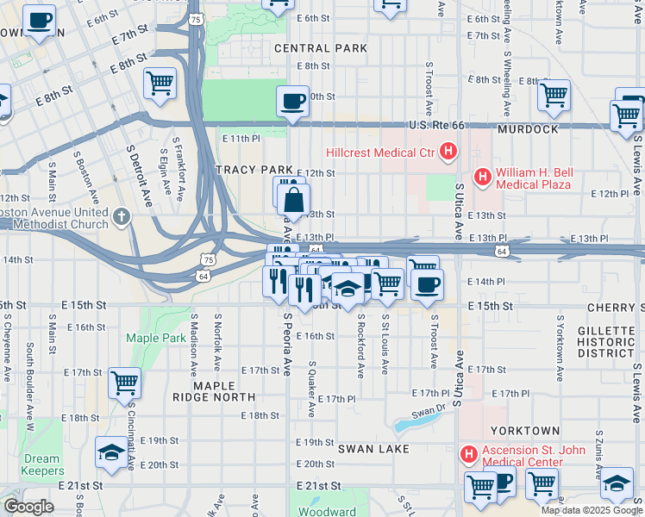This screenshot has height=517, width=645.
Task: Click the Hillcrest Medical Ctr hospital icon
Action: click(448, 153)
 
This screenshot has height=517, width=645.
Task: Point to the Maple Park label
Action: click(156, 338)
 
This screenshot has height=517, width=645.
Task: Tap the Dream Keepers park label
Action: click(42, 465)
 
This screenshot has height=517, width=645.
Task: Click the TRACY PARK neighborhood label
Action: click(254, 170)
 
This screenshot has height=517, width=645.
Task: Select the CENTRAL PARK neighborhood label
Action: click(321, 48)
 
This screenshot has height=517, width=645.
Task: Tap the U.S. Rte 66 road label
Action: click(437, 125)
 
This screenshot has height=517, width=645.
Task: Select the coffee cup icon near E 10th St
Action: click(292, 101)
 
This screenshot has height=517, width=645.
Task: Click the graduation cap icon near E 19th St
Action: click(111, 452)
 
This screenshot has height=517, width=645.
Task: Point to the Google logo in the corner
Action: click(28, 507)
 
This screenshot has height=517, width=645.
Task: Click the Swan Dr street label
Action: click(428, 411)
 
